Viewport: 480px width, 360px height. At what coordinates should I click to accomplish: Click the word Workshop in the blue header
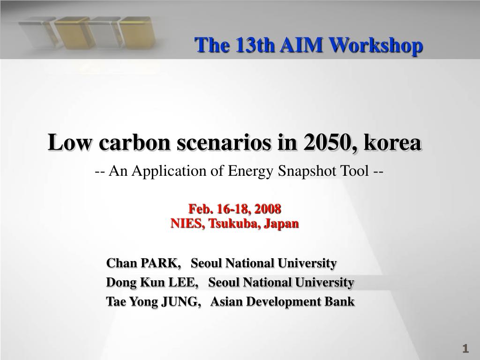[x=376, y=45]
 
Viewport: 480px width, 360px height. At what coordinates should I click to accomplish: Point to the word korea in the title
[x=392, y=142]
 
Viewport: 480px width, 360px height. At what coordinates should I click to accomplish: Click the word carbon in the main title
[x=135, y=142]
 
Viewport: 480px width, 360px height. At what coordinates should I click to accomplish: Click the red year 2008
[x=268, y=209]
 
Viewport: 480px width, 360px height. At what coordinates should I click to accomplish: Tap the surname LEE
[x=183, y=282]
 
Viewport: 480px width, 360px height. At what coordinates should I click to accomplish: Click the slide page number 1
[x=465, y=348]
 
